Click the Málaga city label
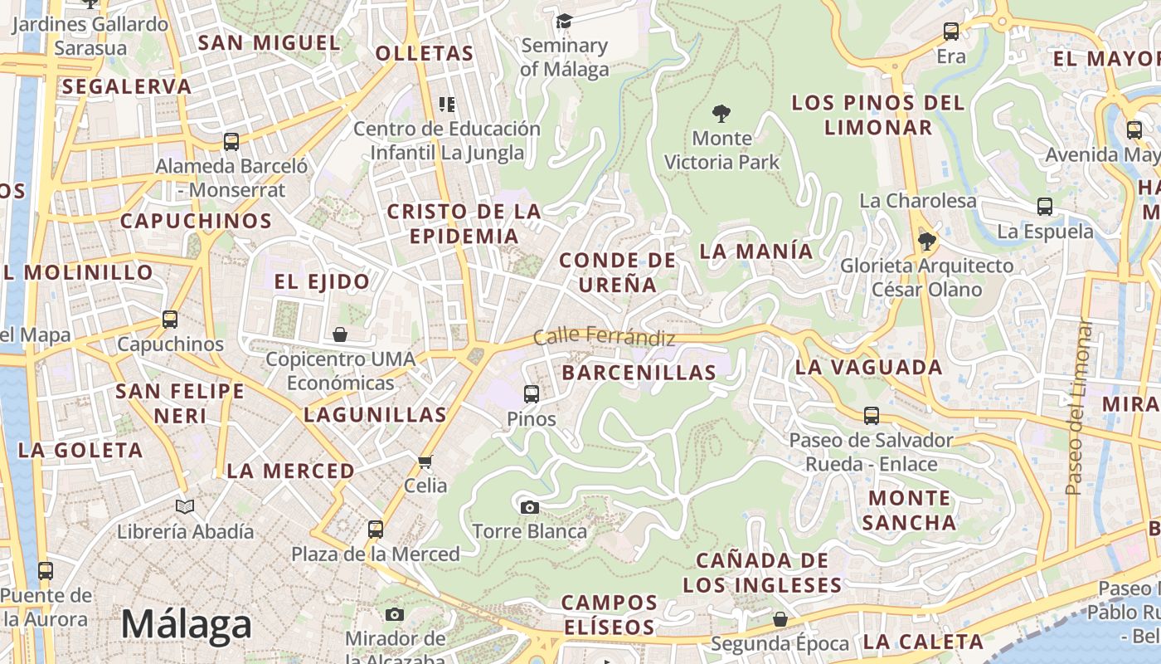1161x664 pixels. pos(187,625)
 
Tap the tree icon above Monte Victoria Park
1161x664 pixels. pos(721,113)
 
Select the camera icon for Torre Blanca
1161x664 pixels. pos(529,507)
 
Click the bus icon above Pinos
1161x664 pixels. pos(532,394)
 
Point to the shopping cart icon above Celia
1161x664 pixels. pos(425,461)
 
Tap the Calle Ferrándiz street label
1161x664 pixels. pos(604,336)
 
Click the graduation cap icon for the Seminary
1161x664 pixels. pos(564,21)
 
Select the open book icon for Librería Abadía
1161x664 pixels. pos(185,506)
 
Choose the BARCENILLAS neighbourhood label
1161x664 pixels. pos(639,373)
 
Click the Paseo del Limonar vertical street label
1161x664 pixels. pos(1076,407)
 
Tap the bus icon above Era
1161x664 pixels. pos(951,32)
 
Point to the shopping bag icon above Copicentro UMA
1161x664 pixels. pos(340,334)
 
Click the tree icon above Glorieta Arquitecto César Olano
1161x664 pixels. pos(926,242)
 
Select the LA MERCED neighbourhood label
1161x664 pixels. pos(290,471)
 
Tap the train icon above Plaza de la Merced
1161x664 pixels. pos(376,529)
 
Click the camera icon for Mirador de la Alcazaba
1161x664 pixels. pos(395,614)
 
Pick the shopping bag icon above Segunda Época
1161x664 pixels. pos(780,619)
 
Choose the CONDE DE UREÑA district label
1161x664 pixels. pos(618,272)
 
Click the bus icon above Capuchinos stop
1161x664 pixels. pos(170,320)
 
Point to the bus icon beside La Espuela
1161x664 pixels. pos(1045,207)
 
